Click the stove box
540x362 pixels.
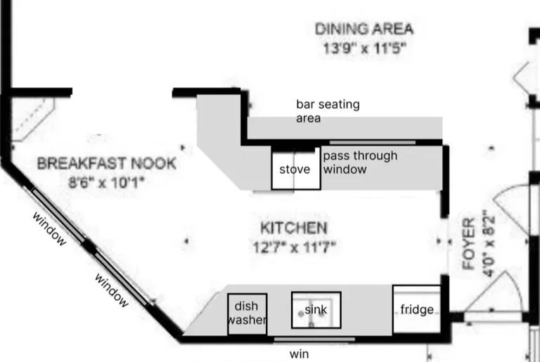(x=296, y=169)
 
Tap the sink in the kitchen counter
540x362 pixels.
(x=316, y=310)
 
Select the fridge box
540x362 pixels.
(x=417, y=309)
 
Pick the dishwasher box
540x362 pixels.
(x=247, y=313)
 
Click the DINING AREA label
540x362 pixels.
(x=364, y=29)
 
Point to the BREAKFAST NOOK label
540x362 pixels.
(x=107, y=163)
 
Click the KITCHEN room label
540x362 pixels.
(x=294, y=228)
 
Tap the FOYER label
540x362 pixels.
(x=469, y=243)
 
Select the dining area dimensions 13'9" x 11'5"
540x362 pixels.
(x=365, y=49)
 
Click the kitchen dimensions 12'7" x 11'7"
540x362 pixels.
(x=295, y=247)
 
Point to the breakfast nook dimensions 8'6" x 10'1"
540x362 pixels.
(x=105, y=182)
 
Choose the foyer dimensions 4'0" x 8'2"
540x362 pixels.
(x=489, y=243)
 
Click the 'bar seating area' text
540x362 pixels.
(x=328, y=111)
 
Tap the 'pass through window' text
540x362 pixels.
(x=360, y=162)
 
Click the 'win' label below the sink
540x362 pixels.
(x=300, y=354)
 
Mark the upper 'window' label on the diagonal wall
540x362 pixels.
(x=49, y=228)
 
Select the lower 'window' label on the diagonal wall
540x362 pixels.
(x=112, y=290)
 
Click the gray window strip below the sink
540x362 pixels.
(x=314, y=340)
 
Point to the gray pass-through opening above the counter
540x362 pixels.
(x=373, y=142)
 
